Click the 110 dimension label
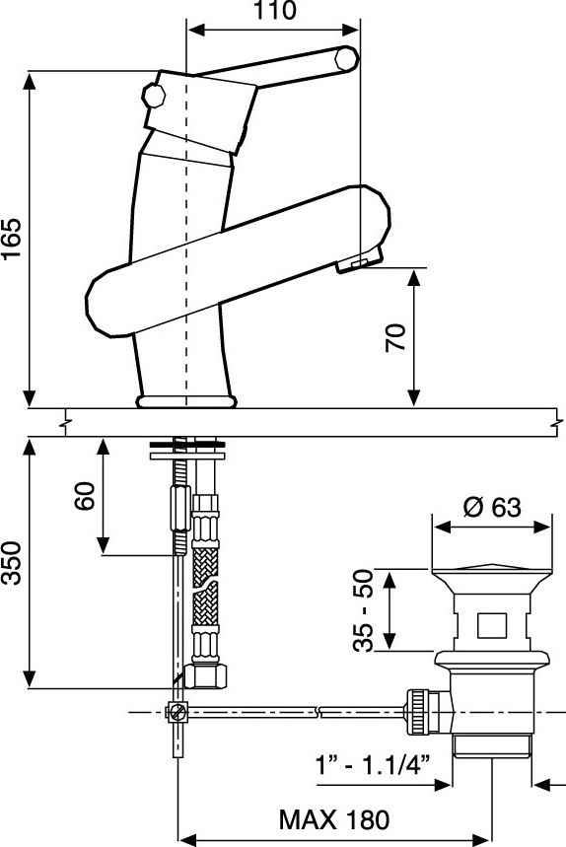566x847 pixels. pos(275,10)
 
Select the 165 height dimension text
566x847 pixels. pos(11,240)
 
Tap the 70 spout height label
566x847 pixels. pos(395,337)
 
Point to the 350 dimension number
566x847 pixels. pos(12,563)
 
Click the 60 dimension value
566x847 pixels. pos(85,496)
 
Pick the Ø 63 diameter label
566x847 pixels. pos(492,507)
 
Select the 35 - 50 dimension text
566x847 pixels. pos(364,610)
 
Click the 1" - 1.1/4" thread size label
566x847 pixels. pos(373,765)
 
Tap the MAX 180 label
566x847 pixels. pos(333,820)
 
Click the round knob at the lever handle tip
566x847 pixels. pos(346,58)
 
